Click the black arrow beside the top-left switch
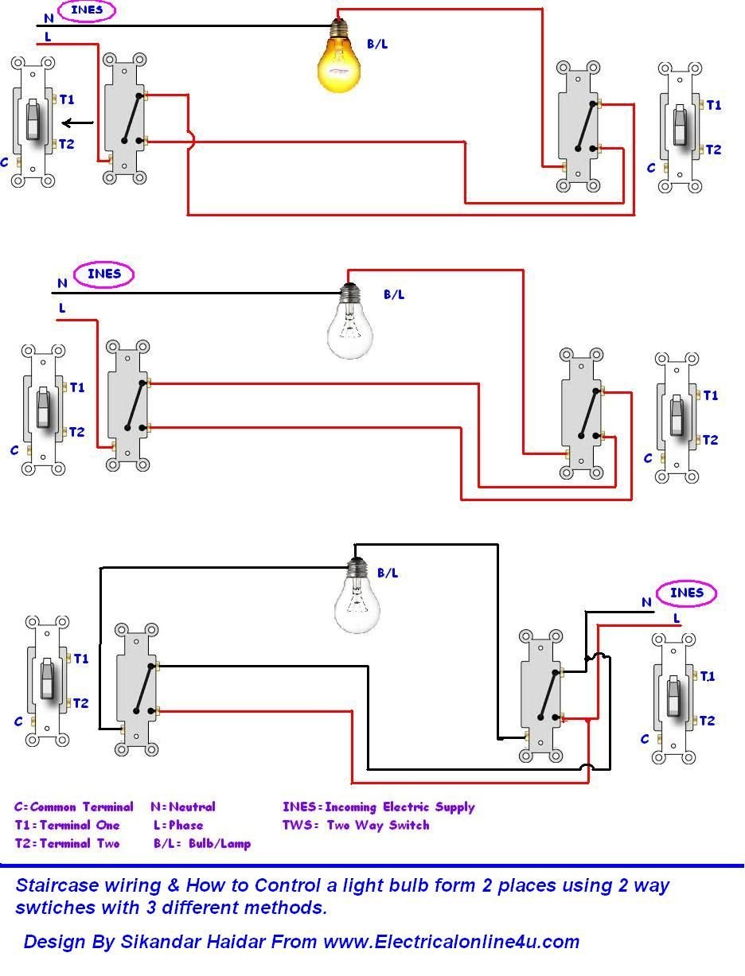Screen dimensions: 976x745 tap(78, 123)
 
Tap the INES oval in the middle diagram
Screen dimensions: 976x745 tap(103, 274)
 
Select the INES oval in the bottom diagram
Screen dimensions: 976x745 tap(686, 593)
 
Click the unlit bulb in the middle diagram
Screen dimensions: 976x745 tap(349, 327)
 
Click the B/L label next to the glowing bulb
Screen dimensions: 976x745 tap(377, 45)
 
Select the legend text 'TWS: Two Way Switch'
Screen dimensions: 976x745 tap(355, 825)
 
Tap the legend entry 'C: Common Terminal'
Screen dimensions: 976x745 tap(73, 807)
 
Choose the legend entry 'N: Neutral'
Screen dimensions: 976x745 tap(182, 807)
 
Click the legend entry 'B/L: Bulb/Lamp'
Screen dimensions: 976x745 tap(202, 844)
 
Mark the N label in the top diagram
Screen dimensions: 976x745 tap(49, 17)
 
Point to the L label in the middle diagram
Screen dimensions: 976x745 tap(62, 308)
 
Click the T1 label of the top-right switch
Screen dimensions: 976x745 tap(713, 105)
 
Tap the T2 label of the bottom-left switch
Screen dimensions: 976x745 tap(80, 703)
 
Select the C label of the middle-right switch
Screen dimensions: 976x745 tap(648, 459)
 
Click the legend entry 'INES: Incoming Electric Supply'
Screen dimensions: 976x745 tap(378, 807)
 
